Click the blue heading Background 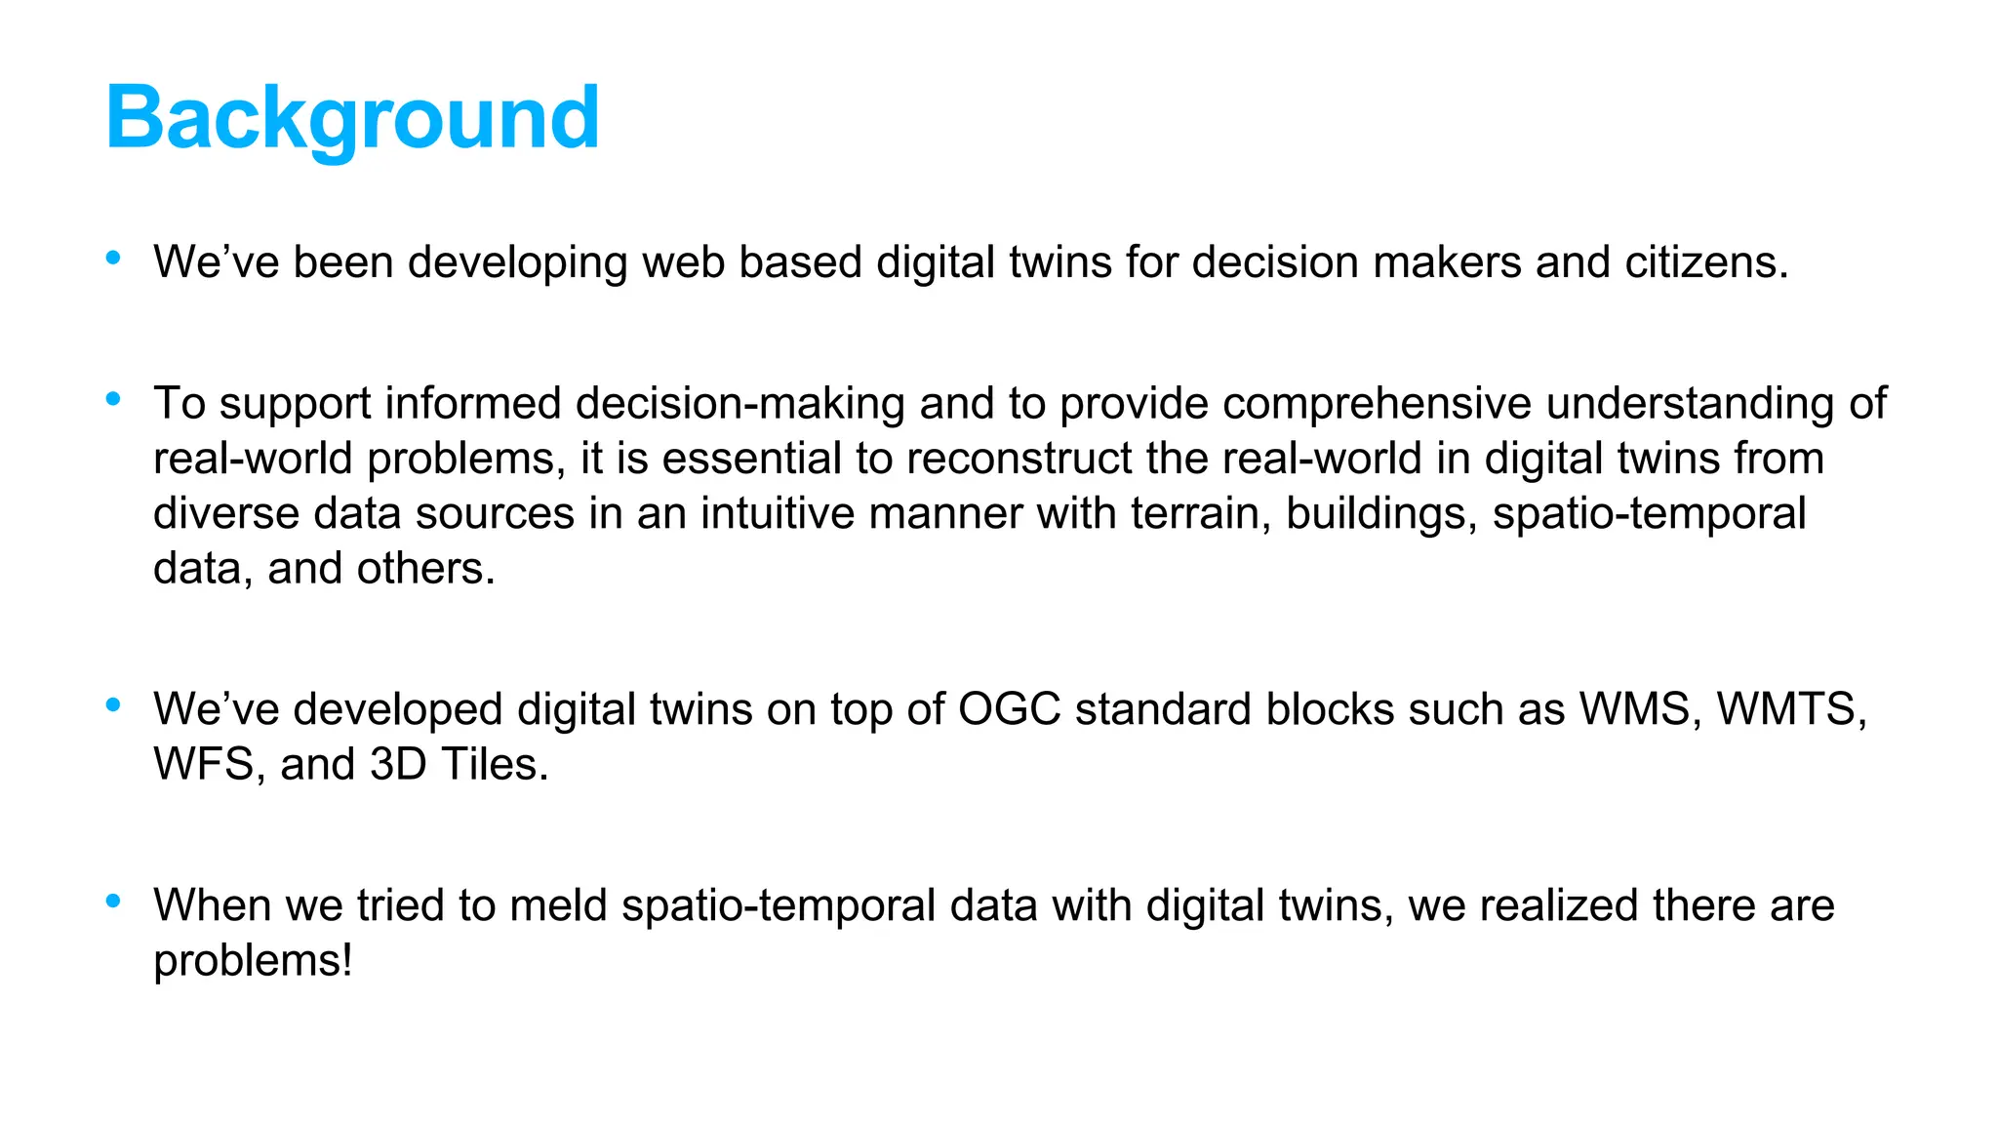point(352,118)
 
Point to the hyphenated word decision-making point(740,403)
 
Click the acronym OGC point(1009,708)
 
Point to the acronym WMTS point(1790,708)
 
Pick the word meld point(558,904)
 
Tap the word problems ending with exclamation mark point(253,960)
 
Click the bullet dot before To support point(113,398)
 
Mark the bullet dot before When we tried point(113,900)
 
